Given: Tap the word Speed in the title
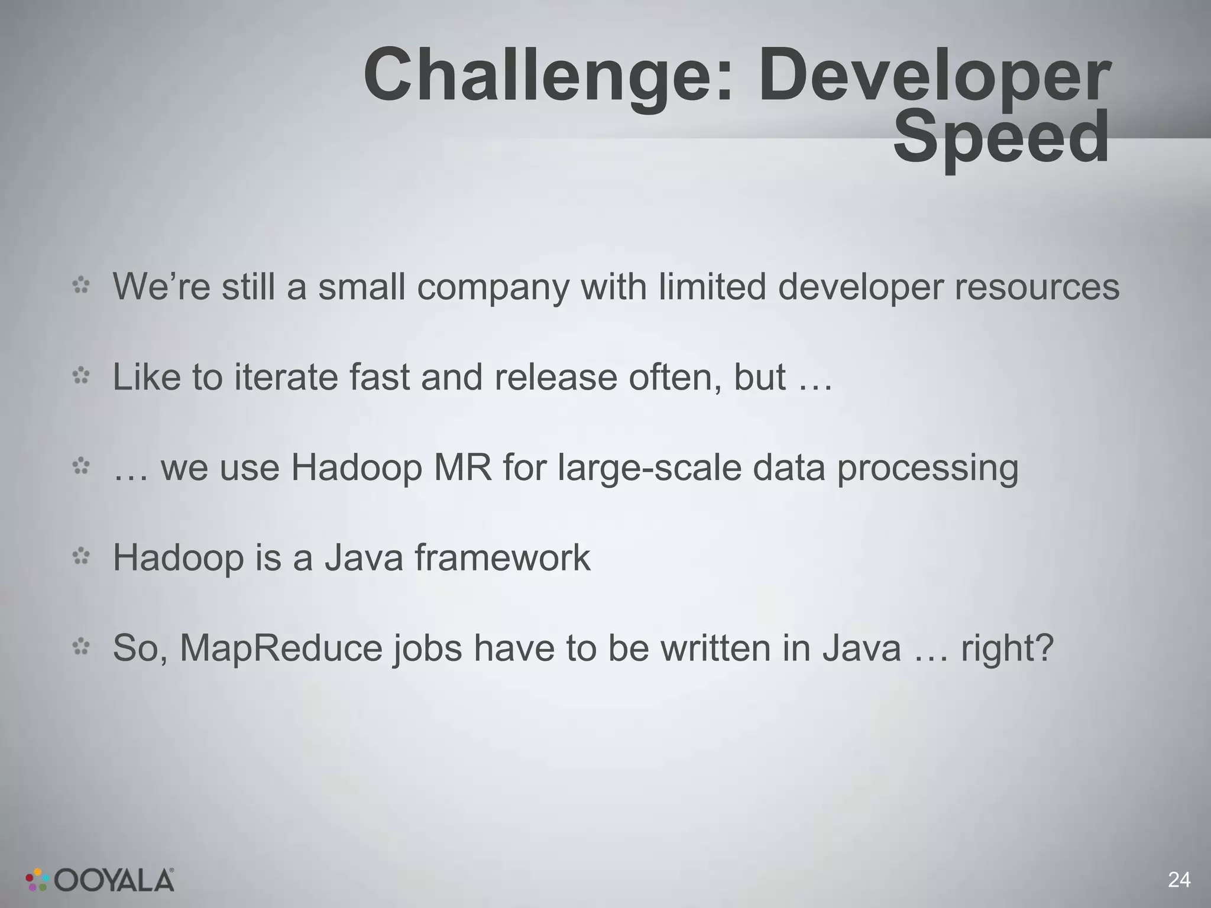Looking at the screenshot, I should click(x=1000, y=138).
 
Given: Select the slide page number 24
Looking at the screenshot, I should click(x=1179, y=880).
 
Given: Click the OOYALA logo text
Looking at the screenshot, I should click(x=115, y=881).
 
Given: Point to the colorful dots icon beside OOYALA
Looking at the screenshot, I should click(x=37, y=880).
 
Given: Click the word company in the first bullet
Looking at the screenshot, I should click(x=492, y=287).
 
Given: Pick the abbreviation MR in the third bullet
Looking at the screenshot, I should click(x=462, y=468).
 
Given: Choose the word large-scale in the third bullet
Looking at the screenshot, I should click(x=649, y=468).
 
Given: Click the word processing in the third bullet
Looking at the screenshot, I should click(x=927, y=468).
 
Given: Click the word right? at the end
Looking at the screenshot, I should click(x=1007, y=648).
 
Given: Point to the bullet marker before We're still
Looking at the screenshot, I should click(x=81, y=286).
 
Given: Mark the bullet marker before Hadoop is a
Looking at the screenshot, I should click(x=81, y=556).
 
